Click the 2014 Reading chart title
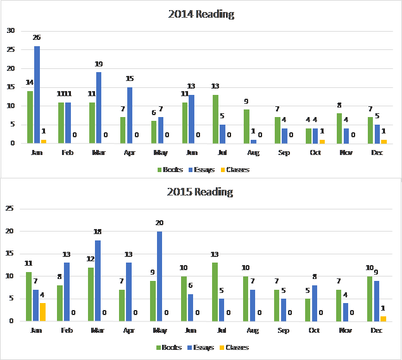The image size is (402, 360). coord(201,14)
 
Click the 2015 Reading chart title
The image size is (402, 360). coord(201,192)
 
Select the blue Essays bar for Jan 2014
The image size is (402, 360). coord(37,95)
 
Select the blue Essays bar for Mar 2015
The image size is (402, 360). coord(98,280)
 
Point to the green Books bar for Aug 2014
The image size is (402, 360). coord(246,127)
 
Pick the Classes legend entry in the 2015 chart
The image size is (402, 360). coord(234,347)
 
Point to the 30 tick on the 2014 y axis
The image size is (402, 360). coord(11,30)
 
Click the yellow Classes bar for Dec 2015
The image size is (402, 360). coord(384,318)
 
